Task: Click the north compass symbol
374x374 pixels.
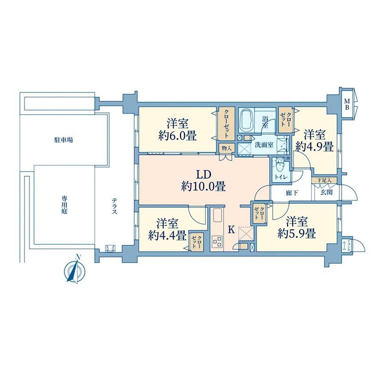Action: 75,270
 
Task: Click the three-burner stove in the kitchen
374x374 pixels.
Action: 217,241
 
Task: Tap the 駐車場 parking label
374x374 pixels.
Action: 63,140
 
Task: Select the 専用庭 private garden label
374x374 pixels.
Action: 64,204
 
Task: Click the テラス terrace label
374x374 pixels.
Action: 115,206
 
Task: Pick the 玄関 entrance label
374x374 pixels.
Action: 326,192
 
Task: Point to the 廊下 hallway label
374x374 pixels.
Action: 292,193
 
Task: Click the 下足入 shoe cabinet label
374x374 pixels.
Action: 325,180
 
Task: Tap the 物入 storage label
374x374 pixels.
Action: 226,148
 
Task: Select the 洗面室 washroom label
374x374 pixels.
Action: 264,145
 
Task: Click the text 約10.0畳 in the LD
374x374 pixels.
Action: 203,186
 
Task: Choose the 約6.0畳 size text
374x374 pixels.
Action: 178,136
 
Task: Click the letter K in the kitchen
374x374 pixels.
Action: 231,229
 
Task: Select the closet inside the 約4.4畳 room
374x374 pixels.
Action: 197,242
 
